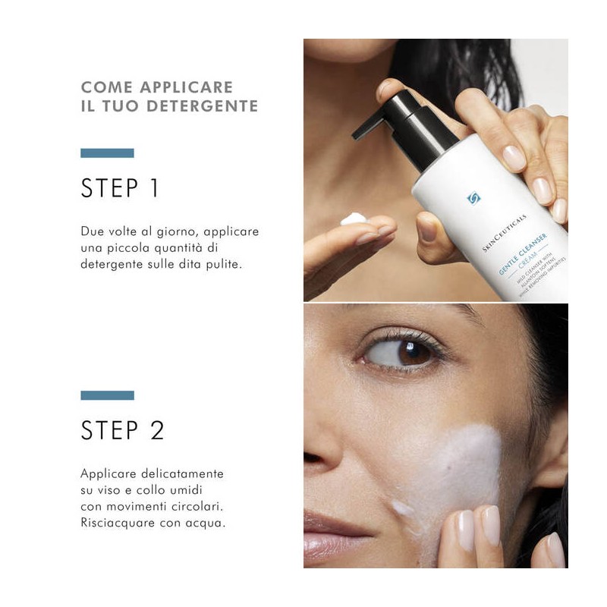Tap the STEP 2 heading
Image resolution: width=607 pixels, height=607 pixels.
[x=122, y=430]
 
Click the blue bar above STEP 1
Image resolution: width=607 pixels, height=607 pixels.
[x=107, y=153]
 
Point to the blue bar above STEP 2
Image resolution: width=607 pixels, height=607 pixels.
[x=107, y=395]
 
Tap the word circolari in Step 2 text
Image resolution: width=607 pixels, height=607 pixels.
[x=200, y=507]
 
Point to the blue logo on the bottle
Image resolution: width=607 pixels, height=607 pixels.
[x=473, y=199]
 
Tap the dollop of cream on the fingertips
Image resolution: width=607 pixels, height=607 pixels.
[x=354, y=219]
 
